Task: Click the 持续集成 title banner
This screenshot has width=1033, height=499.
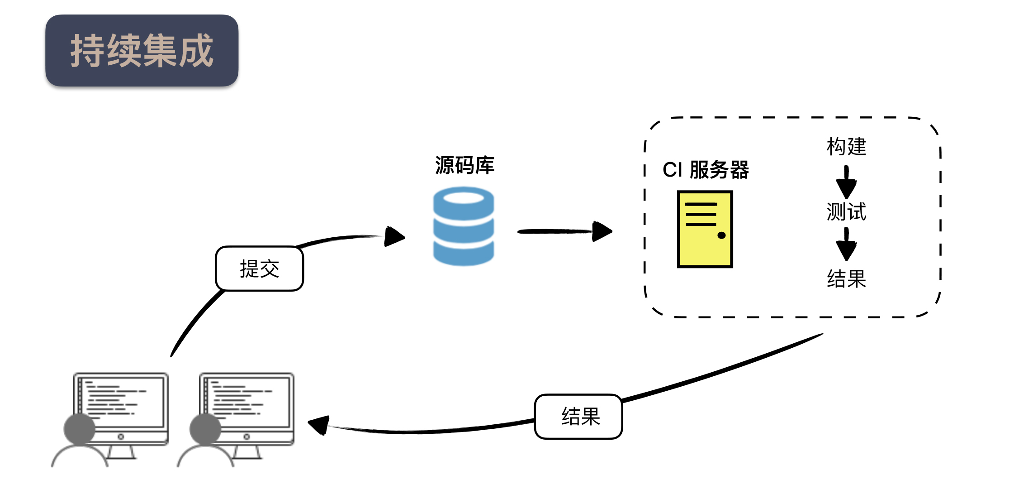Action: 142,50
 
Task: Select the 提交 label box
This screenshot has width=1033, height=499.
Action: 260,269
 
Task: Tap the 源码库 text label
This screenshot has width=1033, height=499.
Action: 464,165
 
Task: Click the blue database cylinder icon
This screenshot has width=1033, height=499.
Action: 464,226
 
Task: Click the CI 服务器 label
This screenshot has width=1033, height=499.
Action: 706,170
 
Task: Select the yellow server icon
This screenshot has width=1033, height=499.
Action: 705,229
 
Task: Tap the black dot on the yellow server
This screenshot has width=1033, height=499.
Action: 721,235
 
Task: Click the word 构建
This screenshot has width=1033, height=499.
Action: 846,147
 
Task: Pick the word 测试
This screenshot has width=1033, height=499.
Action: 846,211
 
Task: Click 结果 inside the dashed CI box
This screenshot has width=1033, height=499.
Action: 846,278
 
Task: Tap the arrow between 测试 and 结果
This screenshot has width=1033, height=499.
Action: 846,245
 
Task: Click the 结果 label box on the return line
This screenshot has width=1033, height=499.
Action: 578,417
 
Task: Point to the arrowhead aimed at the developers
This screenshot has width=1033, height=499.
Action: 319,424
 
